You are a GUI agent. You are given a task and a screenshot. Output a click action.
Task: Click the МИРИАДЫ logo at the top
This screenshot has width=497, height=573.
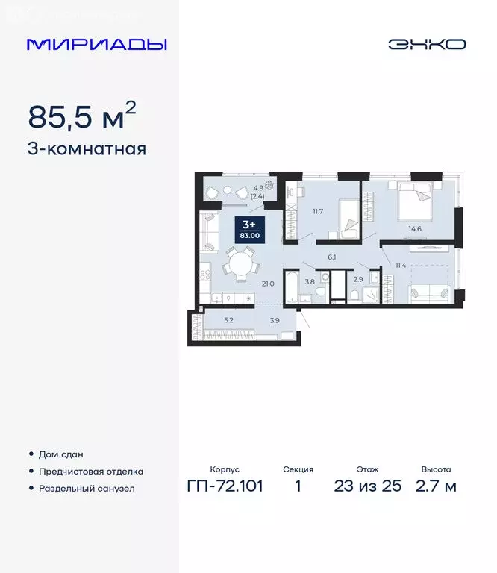[x=97, y=44]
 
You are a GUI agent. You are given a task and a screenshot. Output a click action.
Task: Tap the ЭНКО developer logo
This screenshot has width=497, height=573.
[x=426, y=44]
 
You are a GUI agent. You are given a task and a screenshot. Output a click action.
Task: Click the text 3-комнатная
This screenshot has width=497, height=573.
[x=87, y=148]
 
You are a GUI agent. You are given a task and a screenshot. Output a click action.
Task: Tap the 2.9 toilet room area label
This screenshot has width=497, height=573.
[x=358, y=279]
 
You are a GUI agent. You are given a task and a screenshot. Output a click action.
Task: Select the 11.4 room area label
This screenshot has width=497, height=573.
[x=401, y=265]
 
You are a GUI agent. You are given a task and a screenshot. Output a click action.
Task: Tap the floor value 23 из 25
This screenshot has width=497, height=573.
[x=368, y=486]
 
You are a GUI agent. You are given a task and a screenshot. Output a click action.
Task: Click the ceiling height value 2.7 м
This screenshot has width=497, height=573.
[x=436, y=486]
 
